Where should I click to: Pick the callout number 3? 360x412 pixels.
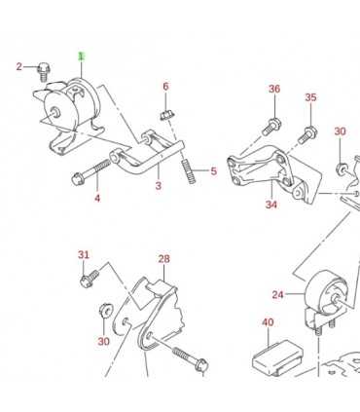[158, 184]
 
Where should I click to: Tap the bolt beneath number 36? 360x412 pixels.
[271, 125]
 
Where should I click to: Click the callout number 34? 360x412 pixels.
[270, 206]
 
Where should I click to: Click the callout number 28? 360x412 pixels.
[163, 259]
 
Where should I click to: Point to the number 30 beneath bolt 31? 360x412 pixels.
[103, 341]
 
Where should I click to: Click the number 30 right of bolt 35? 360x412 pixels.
[340, 131]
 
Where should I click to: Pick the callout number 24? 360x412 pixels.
[278, 294]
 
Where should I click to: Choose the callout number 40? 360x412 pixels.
[268, 322]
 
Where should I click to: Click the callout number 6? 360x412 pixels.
[165, 87]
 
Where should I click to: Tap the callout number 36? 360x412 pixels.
[274, 89]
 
